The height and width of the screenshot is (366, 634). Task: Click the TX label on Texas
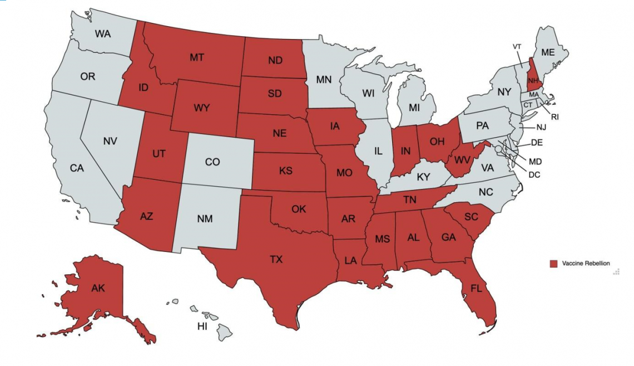click(276, 259)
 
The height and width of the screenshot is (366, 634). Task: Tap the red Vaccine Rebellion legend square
click(553, 263)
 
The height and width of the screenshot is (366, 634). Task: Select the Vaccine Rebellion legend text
click(586, 263)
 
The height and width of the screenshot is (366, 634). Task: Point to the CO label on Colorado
click(212, 162)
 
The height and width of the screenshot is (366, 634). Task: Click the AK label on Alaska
click(98, 288)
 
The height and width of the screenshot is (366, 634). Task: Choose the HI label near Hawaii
click(202, 326)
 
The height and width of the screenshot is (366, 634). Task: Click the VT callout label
click(517, 46)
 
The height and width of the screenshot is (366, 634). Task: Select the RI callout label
click(555, 117)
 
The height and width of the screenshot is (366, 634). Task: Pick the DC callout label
click(534, 174)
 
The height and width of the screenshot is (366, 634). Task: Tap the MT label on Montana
click(196, 57)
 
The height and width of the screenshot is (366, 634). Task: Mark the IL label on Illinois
click(378, 150)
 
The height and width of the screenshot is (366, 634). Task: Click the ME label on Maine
click(548, 52)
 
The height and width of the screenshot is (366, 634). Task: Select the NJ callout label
click(541, 128)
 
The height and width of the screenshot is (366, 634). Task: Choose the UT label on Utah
click(158, 154)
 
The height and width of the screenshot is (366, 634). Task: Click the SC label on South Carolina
click(471, 217)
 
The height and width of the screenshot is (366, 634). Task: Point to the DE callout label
click(537, 143)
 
